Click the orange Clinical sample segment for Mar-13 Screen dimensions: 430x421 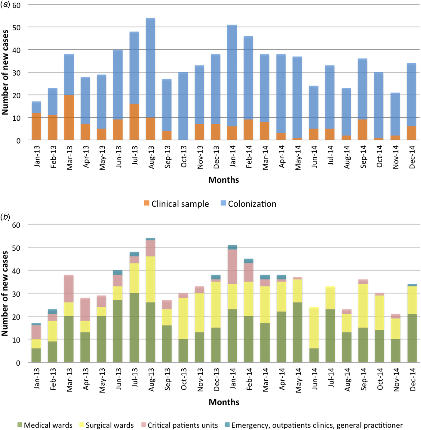point(69,117)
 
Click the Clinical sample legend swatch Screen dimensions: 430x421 point(147,203)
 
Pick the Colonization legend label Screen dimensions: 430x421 point(252,204)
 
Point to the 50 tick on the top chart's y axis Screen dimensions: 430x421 point(17,28)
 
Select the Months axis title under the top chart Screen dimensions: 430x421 point(223,180)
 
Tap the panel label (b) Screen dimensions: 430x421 point(5,217)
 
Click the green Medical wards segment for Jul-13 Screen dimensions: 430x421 point(134,327)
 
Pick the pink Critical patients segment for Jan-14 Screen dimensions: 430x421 point(232,267)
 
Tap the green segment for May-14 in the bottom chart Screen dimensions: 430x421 point(297,332)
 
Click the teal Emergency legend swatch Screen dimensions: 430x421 point(227,425)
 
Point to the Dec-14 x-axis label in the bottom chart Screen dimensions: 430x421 point(412,379)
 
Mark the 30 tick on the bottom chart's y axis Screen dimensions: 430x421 point(17,294)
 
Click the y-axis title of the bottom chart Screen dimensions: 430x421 point(5,293)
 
